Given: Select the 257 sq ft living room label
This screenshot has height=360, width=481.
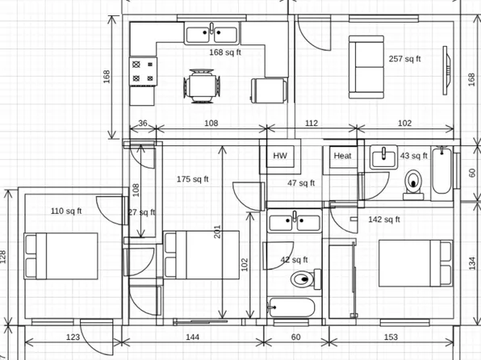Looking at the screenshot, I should click(x=405, y=58).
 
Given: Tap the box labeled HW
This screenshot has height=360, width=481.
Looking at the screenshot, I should click(x=280, y=156).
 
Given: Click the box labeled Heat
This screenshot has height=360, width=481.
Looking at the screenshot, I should click(x=343, y=156).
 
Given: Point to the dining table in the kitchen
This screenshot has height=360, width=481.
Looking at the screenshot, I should click(x=203, y=86).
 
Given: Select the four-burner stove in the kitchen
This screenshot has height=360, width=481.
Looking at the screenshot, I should click(x=143, y=70).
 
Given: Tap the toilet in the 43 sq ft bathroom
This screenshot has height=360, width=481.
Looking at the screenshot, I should click(x=415, y=183).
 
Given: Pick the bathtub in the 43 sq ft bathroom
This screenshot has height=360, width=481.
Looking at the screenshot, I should click(x=441, y=171).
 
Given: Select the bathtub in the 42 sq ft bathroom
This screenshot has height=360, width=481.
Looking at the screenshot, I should click(x=295, y=308).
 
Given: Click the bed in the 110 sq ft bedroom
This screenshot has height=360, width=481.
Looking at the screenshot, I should click(x=61, y=255).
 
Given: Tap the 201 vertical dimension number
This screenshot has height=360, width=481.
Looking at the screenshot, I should click(x=217, y=232).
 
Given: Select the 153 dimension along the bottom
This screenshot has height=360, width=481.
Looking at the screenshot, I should click(x=391, y=336).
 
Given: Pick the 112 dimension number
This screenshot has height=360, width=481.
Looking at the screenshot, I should click(x=310, y=123).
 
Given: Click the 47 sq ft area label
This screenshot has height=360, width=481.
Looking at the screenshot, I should click(x=300, y=183).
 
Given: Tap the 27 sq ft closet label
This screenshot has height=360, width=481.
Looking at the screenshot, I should click(x=142, y=212).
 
